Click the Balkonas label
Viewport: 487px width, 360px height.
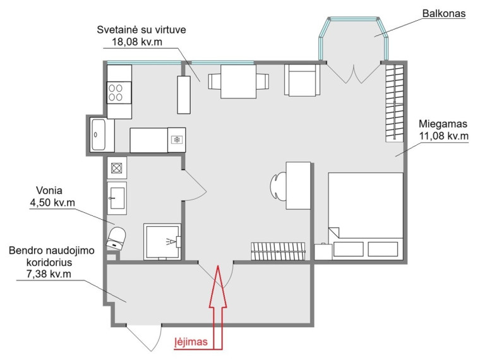[x=444, y=13]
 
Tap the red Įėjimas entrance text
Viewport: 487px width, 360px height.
[x=191, y=342]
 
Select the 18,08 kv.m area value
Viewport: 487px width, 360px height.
[x=137, y=42]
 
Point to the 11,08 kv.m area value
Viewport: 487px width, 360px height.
[x=443, y=136]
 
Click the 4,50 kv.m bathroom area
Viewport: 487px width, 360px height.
[x=52, y=203]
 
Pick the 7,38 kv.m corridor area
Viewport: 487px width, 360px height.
[x=49, y=274]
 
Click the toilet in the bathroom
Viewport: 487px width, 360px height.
[x=116, y=238]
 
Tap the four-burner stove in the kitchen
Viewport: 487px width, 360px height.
[x=119, y=93]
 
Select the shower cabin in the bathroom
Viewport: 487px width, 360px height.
[x=162, y=241]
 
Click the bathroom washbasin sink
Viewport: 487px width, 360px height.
[x=116, y=198]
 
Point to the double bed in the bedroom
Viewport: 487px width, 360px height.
[x=366, y=215]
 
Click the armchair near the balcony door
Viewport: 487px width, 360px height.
[x=302, y=80]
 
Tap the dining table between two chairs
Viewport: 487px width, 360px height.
[x=238, y=81]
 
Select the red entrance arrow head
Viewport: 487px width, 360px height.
[x=218, y=286]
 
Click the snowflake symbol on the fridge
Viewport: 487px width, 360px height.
[x=177, y=140]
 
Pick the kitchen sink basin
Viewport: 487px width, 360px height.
[x=99, y=135]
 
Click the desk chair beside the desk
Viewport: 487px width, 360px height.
[x=278, y=186]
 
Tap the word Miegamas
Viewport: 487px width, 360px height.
[x=443, y=124]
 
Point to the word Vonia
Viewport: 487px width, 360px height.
[x=49, y=190]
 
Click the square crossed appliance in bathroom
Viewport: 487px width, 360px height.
[x=116, y=168]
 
